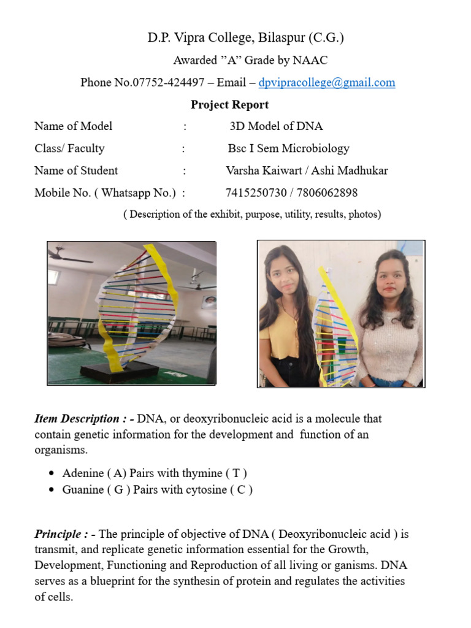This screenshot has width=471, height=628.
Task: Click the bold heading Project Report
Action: point(229,104)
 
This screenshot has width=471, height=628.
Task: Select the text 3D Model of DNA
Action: point(276,126)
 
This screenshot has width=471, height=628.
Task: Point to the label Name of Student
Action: point(76,170)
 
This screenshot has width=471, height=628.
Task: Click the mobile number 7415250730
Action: point(256,193)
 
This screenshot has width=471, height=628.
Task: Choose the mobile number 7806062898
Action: point(327,193)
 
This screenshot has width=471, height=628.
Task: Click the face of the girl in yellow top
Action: point(284,274)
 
